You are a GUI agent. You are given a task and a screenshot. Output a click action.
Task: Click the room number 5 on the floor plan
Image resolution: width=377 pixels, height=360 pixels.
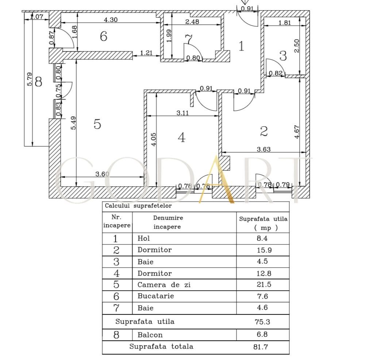point(97,124)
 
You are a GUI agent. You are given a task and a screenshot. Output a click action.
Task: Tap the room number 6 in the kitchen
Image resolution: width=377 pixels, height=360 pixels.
point(104,36)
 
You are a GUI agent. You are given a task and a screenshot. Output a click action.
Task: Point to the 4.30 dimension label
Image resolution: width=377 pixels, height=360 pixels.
point(111,20)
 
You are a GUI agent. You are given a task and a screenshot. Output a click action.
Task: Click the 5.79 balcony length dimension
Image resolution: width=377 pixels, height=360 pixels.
point(30,79)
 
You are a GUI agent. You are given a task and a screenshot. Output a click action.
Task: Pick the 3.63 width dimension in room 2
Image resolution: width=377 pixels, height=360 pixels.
point(263,149)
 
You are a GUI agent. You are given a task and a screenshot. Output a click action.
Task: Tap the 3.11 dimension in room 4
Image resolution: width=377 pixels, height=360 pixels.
point(182,113)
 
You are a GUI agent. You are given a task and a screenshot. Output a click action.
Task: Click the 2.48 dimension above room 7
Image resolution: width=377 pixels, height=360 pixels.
point(192,22)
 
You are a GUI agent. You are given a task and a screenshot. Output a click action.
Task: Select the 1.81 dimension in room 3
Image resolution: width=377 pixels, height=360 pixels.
point(285,23)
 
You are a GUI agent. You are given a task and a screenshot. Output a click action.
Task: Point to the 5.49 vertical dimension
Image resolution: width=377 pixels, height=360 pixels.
point(73,123)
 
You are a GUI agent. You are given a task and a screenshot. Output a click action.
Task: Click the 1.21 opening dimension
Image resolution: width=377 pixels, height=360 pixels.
point(146,53)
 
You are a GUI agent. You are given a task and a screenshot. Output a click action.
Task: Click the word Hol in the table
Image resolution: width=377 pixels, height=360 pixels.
point(144,239)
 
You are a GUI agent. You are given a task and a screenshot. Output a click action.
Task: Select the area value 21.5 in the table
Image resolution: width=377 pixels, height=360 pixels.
point(262,284)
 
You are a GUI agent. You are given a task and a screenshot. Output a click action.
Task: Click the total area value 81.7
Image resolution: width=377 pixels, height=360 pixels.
point(261,347)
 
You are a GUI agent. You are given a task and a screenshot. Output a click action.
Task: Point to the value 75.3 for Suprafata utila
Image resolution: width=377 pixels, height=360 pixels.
point(262,322)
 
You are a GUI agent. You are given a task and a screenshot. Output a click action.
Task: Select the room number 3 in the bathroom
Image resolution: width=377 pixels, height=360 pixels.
point(283,56)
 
